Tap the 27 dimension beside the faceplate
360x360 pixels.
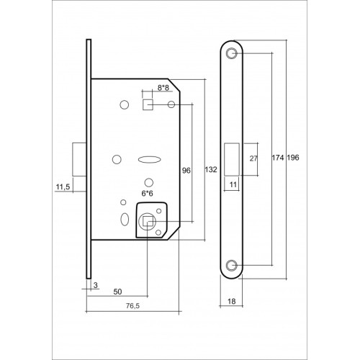pyautogui.click(x=253, y=158)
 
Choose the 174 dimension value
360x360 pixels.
pyautogui.click(x=279, y=157)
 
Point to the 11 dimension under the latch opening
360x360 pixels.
pyautogui.click(x=233, y=184)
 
